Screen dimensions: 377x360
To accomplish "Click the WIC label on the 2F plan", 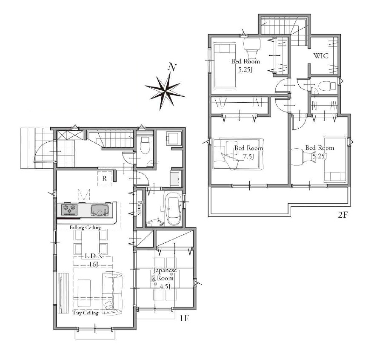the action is pos(321,56).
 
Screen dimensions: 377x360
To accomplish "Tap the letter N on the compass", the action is pos(172,67).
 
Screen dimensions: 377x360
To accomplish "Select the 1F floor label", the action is pos(184,319).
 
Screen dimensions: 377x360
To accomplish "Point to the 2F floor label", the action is pos(343,215).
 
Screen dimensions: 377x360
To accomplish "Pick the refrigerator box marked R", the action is pos(105,179).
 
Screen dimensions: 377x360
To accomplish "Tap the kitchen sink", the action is pos(99,210).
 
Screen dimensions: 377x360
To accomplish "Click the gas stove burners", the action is pos(69,209).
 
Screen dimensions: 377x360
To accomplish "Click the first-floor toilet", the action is pos(145,146).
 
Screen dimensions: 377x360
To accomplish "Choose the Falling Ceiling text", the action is pos(85,228).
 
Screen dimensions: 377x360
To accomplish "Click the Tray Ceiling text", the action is pos(86,313).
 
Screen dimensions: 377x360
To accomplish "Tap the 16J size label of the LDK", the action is pos(93,265).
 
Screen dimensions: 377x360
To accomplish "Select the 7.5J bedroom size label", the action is pos(248,156).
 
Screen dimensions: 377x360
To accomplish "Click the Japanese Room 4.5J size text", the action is pos(165,287).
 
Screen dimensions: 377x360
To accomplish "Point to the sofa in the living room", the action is pos(112,293).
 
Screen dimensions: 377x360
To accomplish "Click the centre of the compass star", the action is pos(166,91).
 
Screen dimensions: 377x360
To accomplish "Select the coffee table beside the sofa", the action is pos(84,293).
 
